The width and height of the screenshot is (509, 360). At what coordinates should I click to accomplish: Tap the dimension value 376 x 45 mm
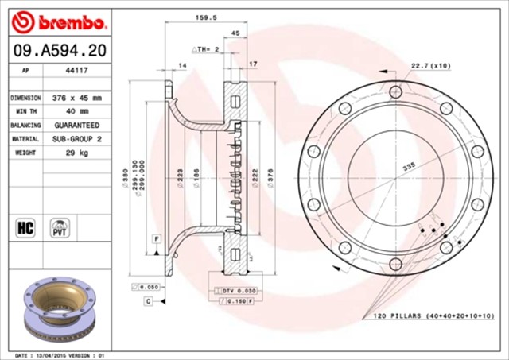click(x=78, y=98)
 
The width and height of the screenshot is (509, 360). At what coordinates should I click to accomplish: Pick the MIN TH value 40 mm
click(x=78, y=111)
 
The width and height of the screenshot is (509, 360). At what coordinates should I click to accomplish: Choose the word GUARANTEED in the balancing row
click(x=78, y=125)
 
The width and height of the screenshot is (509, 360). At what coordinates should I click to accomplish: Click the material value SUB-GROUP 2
click(x=78, y=138)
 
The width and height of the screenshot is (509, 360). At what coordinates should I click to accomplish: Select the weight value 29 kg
click(x=78, y=152)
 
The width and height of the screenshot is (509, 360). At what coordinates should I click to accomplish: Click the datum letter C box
click(x=148, y=301)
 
